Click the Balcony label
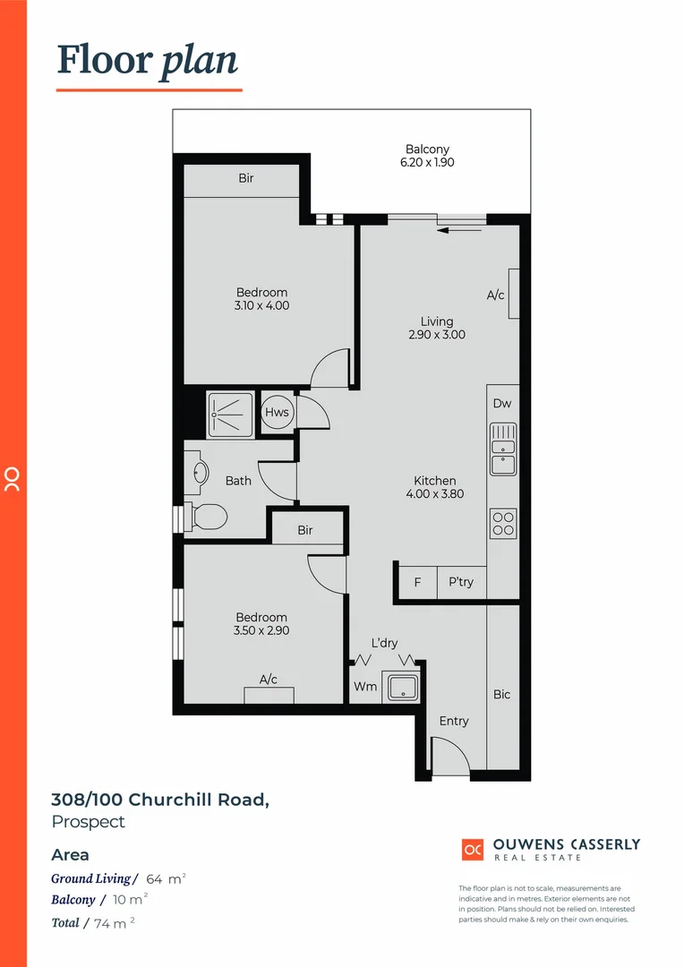coord(427,150)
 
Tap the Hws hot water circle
coord(277,413)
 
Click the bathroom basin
coord(200,472)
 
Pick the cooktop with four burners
coord(502,523)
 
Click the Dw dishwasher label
coord(502,404)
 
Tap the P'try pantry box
coord(461,582)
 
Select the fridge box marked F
coord(417,582)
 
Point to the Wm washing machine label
coord(364,687)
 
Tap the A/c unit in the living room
coord(513,294)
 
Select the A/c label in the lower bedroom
coord(269,680)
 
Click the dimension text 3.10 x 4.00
coord(262,305)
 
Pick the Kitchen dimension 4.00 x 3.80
coord(435,493)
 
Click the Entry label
coord(454,721)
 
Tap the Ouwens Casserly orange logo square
coord(473,849)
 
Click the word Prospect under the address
coord(88,821)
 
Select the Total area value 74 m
coord(111,922)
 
